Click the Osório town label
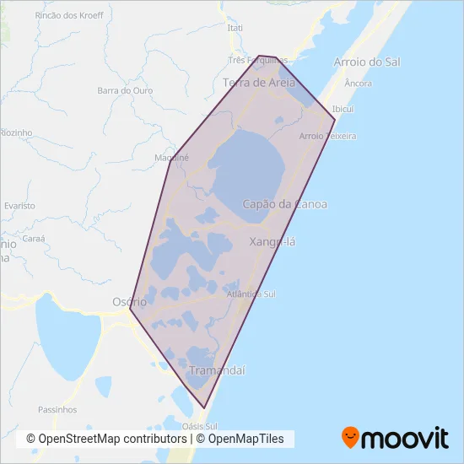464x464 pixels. [x=129, y=301]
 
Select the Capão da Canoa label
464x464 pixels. [x=284, y=204]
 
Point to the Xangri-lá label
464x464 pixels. [x=273, y=242]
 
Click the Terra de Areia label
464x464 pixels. [x=259, y=82]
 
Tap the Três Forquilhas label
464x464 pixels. [x=259, y=61]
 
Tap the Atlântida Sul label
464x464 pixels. [x=251, y=294]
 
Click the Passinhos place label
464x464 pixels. [x=57, y=409]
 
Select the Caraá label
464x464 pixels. [x=34, y=239]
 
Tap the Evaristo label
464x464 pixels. [x=19, y=205]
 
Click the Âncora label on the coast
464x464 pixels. [x=359, y=83]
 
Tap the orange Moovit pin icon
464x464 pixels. [x=350, y=437]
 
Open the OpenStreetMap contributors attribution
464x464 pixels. [x=106, y=439]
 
